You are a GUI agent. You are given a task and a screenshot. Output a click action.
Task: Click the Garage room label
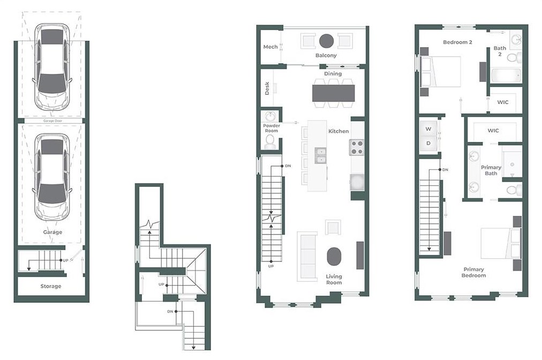coord(53,232)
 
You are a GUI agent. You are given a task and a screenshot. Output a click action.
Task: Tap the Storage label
coord(51,286)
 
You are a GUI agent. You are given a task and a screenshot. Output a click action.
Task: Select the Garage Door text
coord(52,121)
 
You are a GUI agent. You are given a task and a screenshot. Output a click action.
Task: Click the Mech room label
coord(270,47)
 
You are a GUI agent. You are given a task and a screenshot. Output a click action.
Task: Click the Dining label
coord(333,74)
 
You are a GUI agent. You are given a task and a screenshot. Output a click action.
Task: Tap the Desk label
coord(267,88)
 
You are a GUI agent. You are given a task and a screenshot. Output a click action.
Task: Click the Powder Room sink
coord(270,116)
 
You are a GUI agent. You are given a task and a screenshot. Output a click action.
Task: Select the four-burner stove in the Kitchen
coord(357,147)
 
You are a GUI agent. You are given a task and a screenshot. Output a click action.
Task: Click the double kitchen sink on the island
coord(321,155)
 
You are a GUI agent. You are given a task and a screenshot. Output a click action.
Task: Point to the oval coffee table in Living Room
coord(334,257)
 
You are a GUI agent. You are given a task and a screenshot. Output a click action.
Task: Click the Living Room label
coord(334,280)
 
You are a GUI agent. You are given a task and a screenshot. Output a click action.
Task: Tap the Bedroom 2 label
coord(457,42)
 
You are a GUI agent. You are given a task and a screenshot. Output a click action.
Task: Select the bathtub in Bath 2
coord(506,75)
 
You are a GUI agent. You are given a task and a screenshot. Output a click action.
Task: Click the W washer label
coord(428,129)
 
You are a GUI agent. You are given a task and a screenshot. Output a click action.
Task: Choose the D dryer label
coord(428,143)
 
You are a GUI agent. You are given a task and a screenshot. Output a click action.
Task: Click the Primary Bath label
coord(491,170)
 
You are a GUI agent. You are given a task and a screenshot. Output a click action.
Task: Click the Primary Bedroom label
coord(474,273)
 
